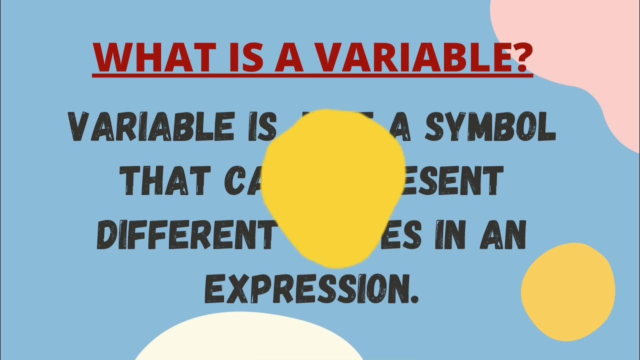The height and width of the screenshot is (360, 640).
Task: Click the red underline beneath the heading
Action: pos(312,75)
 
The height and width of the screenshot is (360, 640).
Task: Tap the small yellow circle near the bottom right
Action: pos(568,290)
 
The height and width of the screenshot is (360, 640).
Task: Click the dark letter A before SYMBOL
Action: pos(404,127)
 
